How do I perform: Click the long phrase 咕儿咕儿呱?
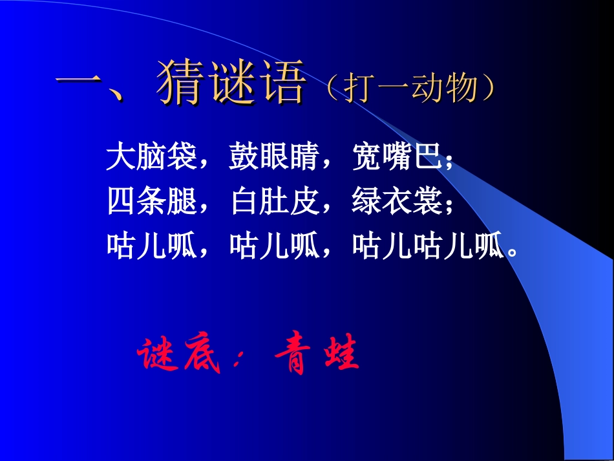point(427,246)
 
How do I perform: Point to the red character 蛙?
point(337,356)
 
